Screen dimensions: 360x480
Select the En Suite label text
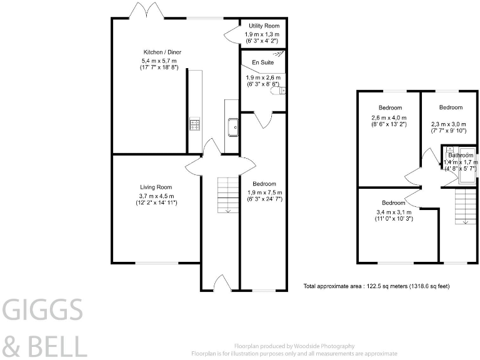click(x=262, y=62)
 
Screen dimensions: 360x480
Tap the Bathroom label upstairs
click(x=461, y=155)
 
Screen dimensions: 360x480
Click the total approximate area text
click(x=376, y=286)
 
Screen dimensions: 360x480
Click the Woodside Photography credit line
click(x=294, y=346)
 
